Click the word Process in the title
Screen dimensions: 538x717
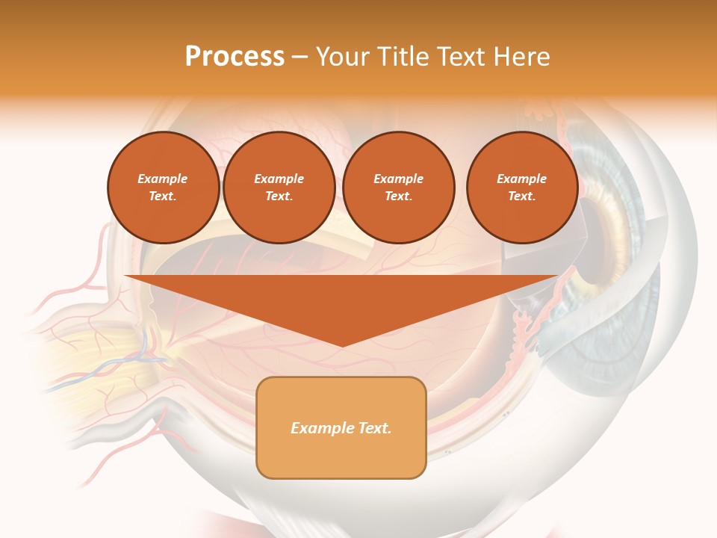point(235,57)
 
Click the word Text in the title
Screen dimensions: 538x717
point(462,57)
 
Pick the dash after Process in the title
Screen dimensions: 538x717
point(299,58)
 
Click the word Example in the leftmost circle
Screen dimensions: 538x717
point(163,179)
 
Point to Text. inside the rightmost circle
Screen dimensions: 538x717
point(521,196)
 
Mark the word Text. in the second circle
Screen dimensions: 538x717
point(279,196)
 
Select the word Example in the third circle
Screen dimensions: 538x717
point(398,179)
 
